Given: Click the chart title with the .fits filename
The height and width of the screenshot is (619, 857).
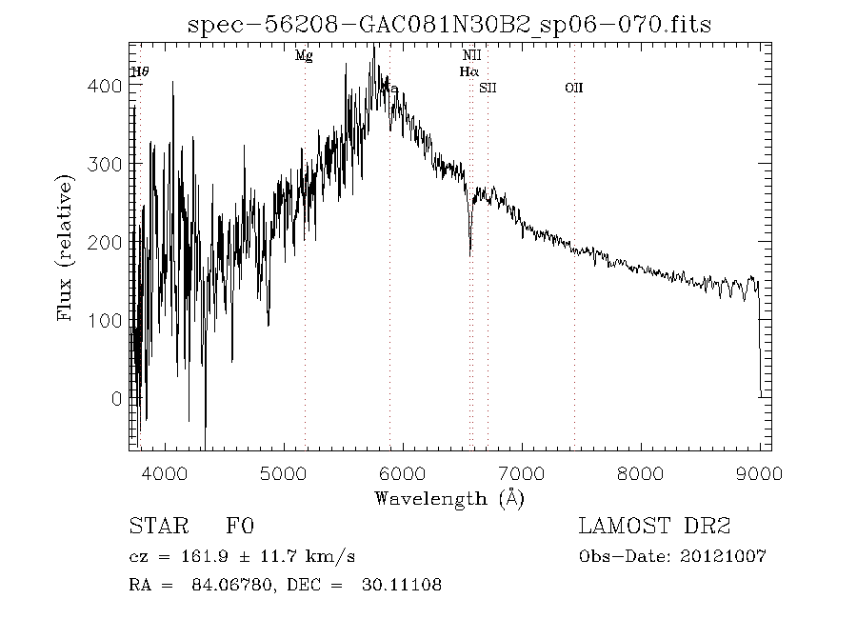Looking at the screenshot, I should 449,24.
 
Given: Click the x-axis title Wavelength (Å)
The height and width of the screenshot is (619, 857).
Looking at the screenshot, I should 449,497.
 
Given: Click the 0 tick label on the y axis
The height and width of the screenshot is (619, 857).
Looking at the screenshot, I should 117,399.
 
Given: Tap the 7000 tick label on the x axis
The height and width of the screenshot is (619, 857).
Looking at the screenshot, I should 521,472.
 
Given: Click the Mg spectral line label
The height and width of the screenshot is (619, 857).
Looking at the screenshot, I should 304,56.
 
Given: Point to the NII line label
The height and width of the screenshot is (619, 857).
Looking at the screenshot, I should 471,56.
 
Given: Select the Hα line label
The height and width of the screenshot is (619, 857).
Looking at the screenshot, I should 468,71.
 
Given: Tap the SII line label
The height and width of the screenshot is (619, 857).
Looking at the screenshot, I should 488,88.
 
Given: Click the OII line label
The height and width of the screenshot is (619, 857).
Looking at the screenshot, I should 573,88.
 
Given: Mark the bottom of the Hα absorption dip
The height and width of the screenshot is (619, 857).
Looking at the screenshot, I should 470,253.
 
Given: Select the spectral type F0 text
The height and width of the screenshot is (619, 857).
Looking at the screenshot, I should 240,527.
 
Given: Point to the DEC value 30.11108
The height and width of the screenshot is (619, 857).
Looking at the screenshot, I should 401,585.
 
